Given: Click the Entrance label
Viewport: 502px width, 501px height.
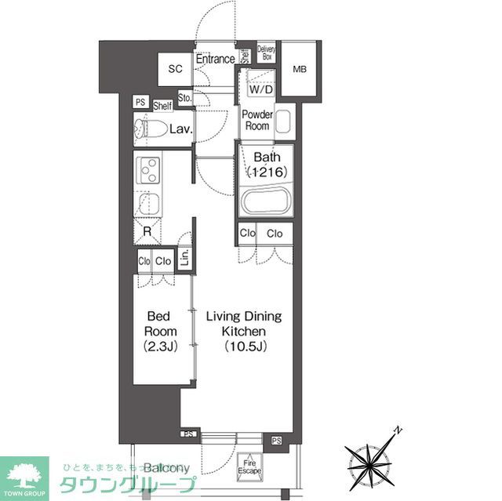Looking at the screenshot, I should click(x=215, y=59).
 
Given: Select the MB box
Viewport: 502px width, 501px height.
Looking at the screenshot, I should click(x=299, y=70).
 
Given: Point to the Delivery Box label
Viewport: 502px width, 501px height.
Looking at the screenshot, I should click(x=266, y=53).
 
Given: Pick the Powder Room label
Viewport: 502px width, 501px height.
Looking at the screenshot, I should click(x=256, y=120).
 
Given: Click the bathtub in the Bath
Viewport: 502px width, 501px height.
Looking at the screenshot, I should click(x=264, y=200).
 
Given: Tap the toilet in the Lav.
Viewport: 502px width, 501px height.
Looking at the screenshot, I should click(x=148, y=129).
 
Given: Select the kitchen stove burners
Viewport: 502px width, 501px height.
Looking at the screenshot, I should click(x=147, y=170).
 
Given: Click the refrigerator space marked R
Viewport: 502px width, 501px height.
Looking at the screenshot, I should click(x=147, y=231).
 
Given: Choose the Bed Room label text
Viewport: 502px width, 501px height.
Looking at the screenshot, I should click(x=161, y=330).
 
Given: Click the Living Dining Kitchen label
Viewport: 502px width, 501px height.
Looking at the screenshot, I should click(x=243, y=330).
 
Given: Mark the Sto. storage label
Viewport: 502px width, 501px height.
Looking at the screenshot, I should click(x=185, y=99).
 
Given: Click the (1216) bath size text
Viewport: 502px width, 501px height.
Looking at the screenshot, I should click(x=266, y=172).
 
